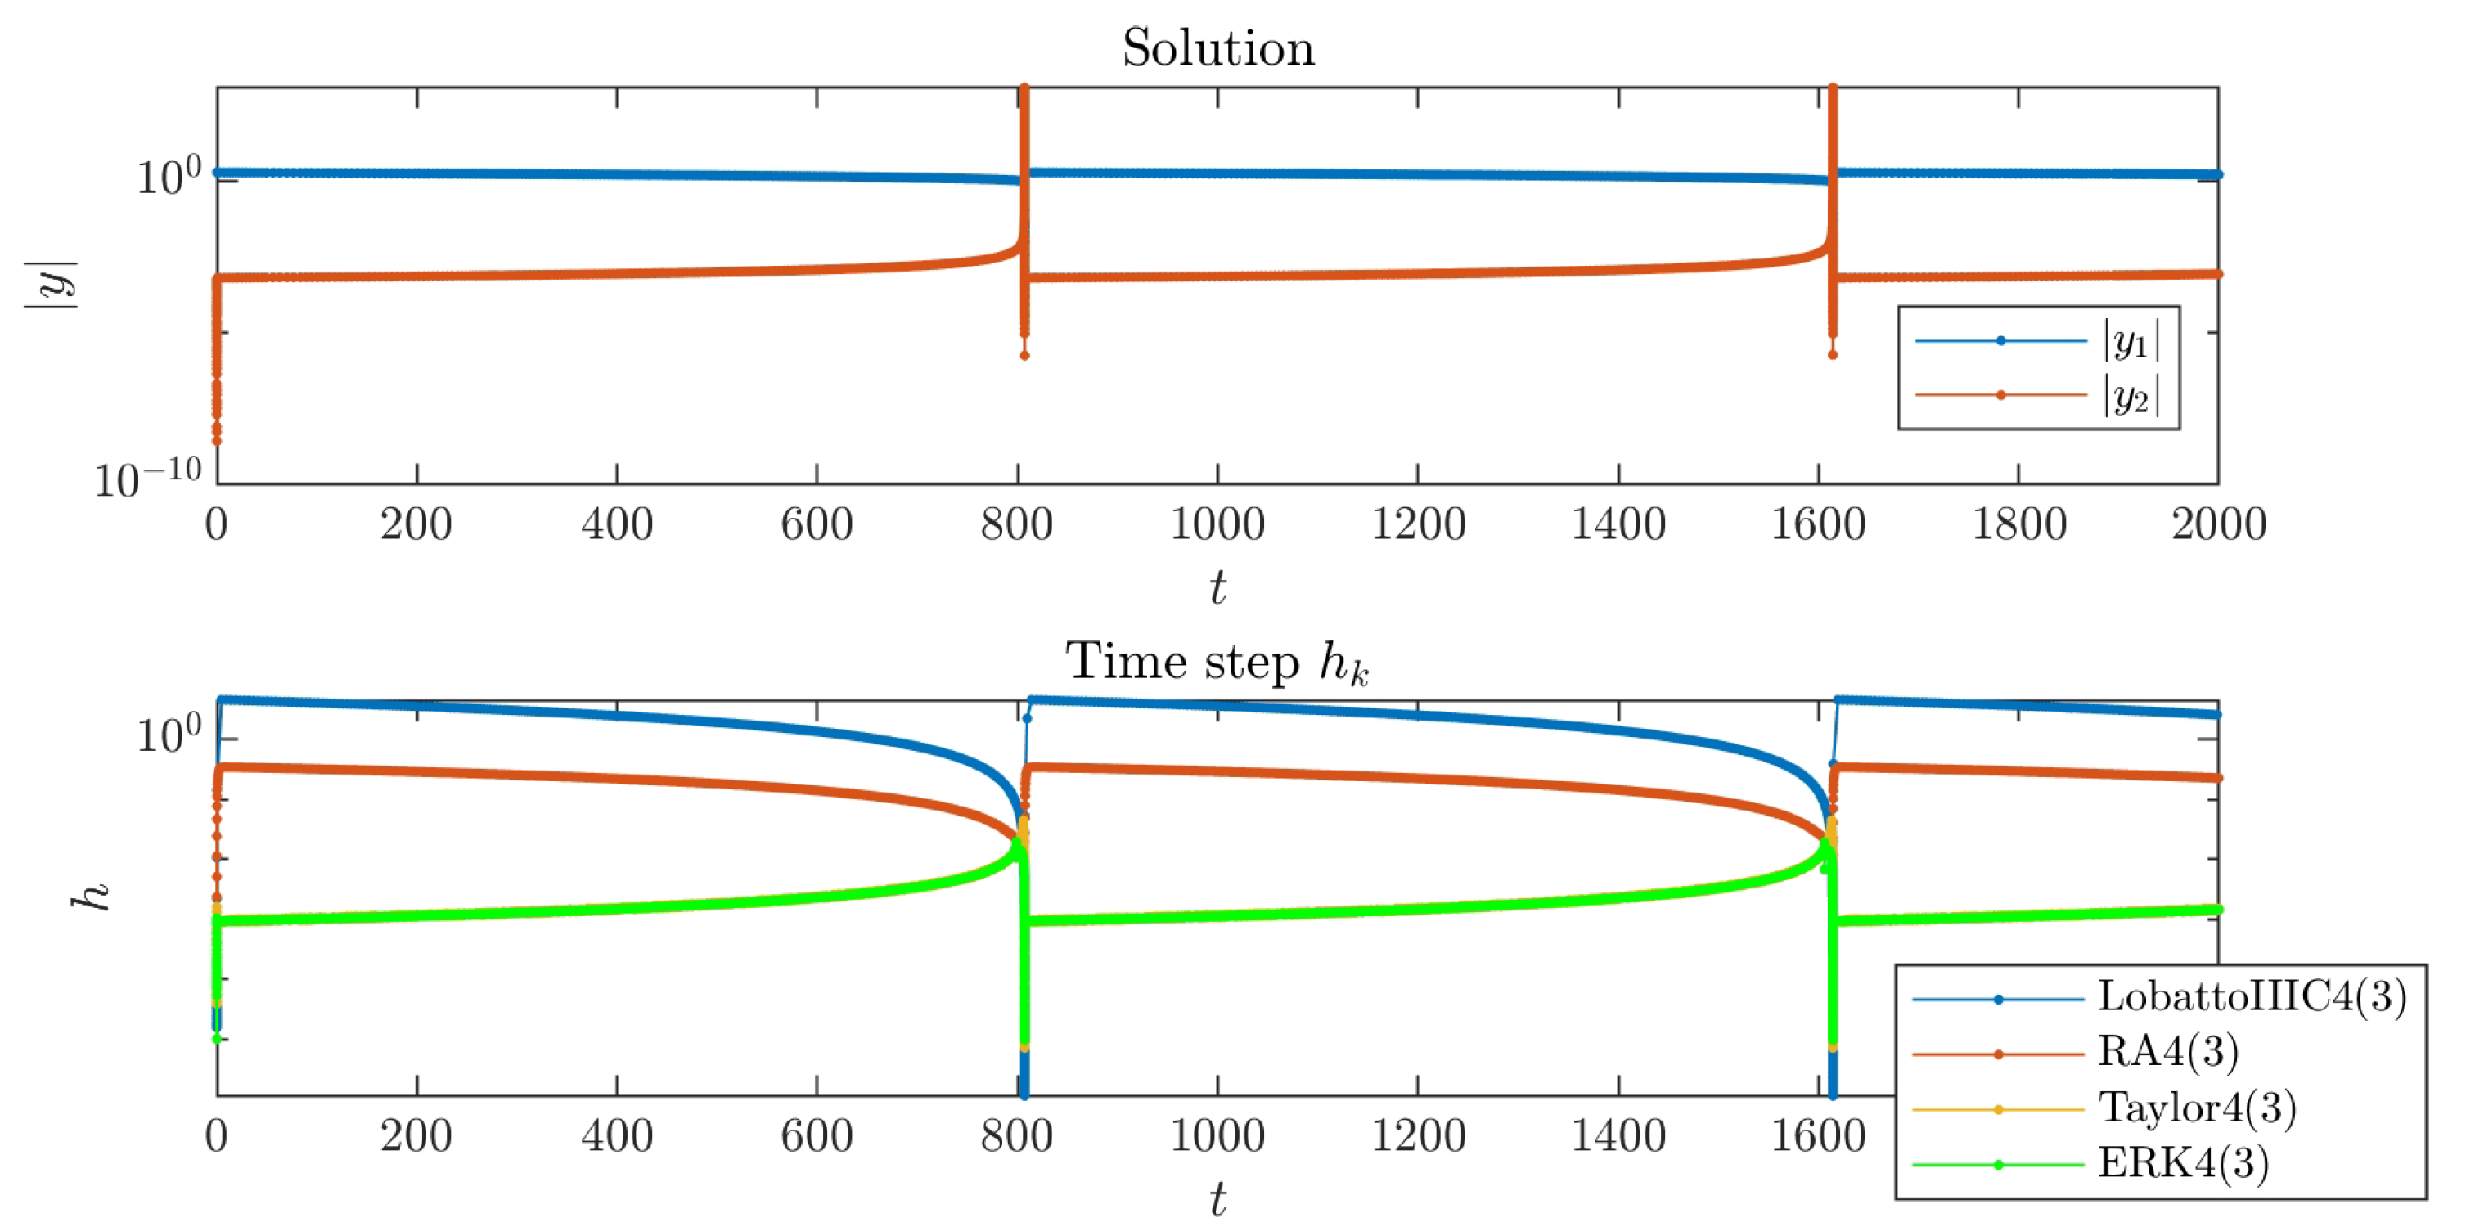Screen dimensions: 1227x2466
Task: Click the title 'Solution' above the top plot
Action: coord(1217,48)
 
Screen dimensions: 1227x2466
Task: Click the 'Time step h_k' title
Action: coord(1217,663)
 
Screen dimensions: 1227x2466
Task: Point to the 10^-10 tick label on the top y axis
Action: coord(148,477)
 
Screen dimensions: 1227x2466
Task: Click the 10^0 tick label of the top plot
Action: coord(169,177)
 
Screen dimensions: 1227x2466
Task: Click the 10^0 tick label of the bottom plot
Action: coord(169,735)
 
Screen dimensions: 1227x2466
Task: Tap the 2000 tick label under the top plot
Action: coord(2218,524)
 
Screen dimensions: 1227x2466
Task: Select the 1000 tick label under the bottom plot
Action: coord(1217,1136)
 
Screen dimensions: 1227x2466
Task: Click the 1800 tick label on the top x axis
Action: coord(2018,524)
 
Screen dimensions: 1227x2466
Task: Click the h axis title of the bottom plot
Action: coord(92,896)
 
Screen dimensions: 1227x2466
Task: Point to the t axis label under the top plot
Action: coord(1217,587)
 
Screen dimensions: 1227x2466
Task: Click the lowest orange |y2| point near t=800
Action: coord(1024,356)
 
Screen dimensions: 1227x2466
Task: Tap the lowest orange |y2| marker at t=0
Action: coord(216,441)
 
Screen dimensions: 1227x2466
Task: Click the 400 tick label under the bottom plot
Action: coord(617,1136)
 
